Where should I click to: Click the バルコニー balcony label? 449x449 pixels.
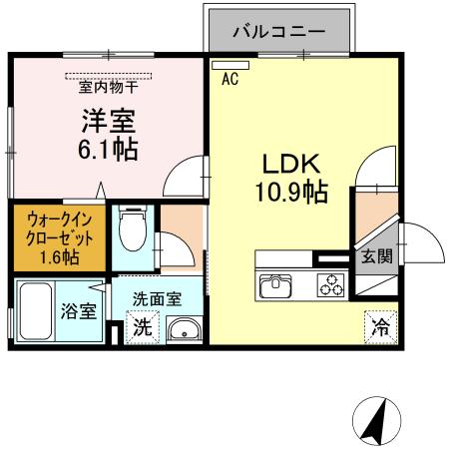tap(279, 31)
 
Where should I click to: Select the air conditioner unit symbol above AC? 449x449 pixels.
tap(223, 65)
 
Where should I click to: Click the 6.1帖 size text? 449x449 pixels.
tap(108, 151)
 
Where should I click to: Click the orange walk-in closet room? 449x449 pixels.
tap(57, 237)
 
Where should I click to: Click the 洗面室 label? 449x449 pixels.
tap(159, 296)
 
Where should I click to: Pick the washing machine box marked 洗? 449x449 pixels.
tap(143, 325)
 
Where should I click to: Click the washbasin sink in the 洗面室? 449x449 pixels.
tap(183, 329)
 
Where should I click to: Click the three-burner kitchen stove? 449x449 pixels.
tap(330, 286)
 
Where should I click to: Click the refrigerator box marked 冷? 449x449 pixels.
tap(380, 324)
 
